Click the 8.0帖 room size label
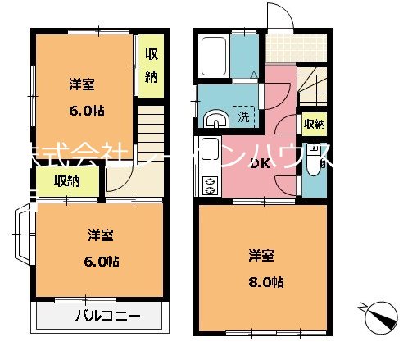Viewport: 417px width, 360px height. [267, 282]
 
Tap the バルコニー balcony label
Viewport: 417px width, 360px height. [108, 316]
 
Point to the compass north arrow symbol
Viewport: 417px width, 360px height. [382, 315]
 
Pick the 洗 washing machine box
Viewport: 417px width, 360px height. [244, 116]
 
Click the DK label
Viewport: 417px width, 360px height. [260, 162]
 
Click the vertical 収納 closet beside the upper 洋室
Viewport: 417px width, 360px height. [151, 66]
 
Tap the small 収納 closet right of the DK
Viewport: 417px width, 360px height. [314, 125]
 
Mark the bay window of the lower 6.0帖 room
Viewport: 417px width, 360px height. [23, 234]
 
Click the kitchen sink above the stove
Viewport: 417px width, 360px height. [208, 153]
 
